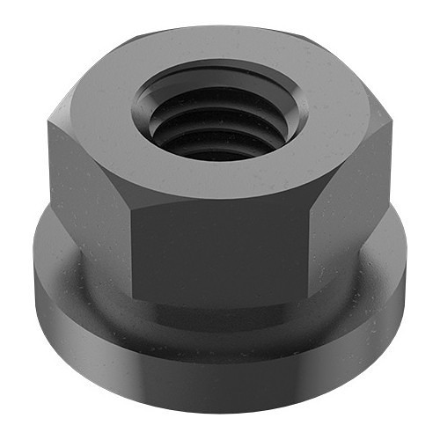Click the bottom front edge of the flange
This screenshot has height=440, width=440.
tap(220, 414)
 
